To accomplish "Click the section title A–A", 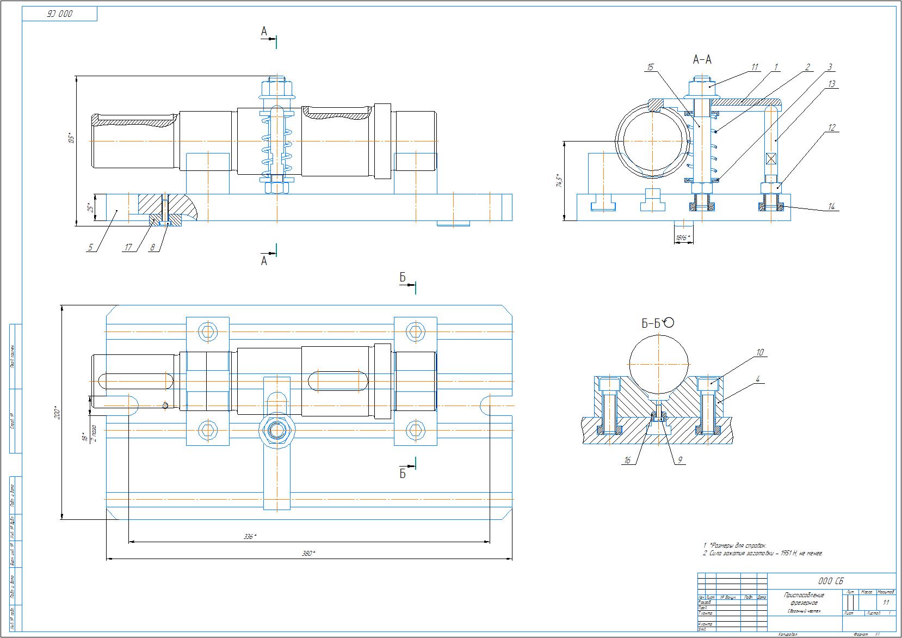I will coord(702,59).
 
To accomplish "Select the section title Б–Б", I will coord(651,324).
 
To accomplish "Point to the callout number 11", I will coord(754,68).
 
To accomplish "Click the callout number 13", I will coord(832,84).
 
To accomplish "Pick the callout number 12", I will coord(832,128).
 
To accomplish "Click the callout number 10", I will coord(760,353).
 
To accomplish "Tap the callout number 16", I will coord(627,461).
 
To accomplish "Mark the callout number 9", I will coord(679,461).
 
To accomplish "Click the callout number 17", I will coord(128,248).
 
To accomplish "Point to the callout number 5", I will coord(91,248).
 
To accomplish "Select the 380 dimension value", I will coord(308,554).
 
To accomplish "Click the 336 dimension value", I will coord(250,537).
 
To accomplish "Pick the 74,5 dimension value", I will coord(558,181).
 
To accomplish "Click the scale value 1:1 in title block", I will coord(886,603).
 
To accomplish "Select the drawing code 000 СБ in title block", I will coord(831,581).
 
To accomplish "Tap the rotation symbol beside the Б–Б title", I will coord(669,322).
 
